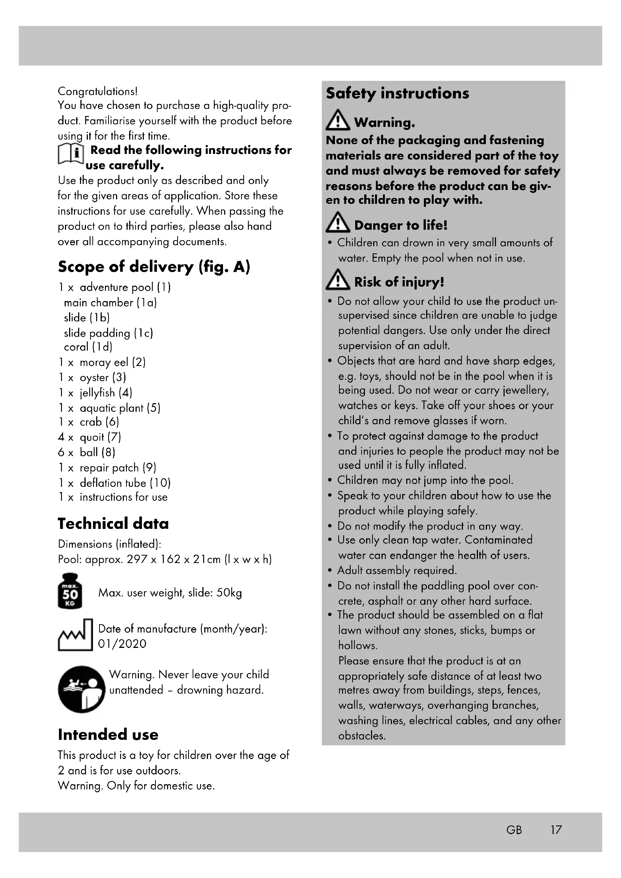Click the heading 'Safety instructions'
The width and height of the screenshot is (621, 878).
(x=397, y=94)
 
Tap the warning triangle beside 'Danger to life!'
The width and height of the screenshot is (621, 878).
(x=337, y=223)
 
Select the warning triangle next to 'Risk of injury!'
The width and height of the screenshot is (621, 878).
(x=337, y=279)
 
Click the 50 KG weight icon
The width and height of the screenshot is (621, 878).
(x=69, y=591)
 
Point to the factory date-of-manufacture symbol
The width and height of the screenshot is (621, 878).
(x=75, y=635)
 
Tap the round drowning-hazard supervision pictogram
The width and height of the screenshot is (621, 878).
(x=81, y=689)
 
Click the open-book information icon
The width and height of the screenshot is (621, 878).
(x=71, y=154)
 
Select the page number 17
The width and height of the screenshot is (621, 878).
(x=556, y=830)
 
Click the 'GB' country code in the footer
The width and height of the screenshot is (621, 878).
(x=514, y=830)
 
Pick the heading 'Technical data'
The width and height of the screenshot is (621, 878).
(x=113, y=524)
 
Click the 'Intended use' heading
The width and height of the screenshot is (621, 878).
(x=108, y=735)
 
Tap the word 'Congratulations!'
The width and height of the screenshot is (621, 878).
(x=98, y=91)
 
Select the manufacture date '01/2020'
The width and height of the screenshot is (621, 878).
(x=122, y=644)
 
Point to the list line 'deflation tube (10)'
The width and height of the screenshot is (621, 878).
(x=125, y=483)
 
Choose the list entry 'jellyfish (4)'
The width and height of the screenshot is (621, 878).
(x=106, y=393)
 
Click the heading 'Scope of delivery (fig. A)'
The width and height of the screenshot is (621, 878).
(x=154, y=267)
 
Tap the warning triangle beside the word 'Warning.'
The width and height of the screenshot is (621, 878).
(x=337, y=120)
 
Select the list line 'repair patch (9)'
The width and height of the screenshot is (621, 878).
(x=118, y=468)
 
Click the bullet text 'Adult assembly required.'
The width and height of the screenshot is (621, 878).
(x=397, y=571)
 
